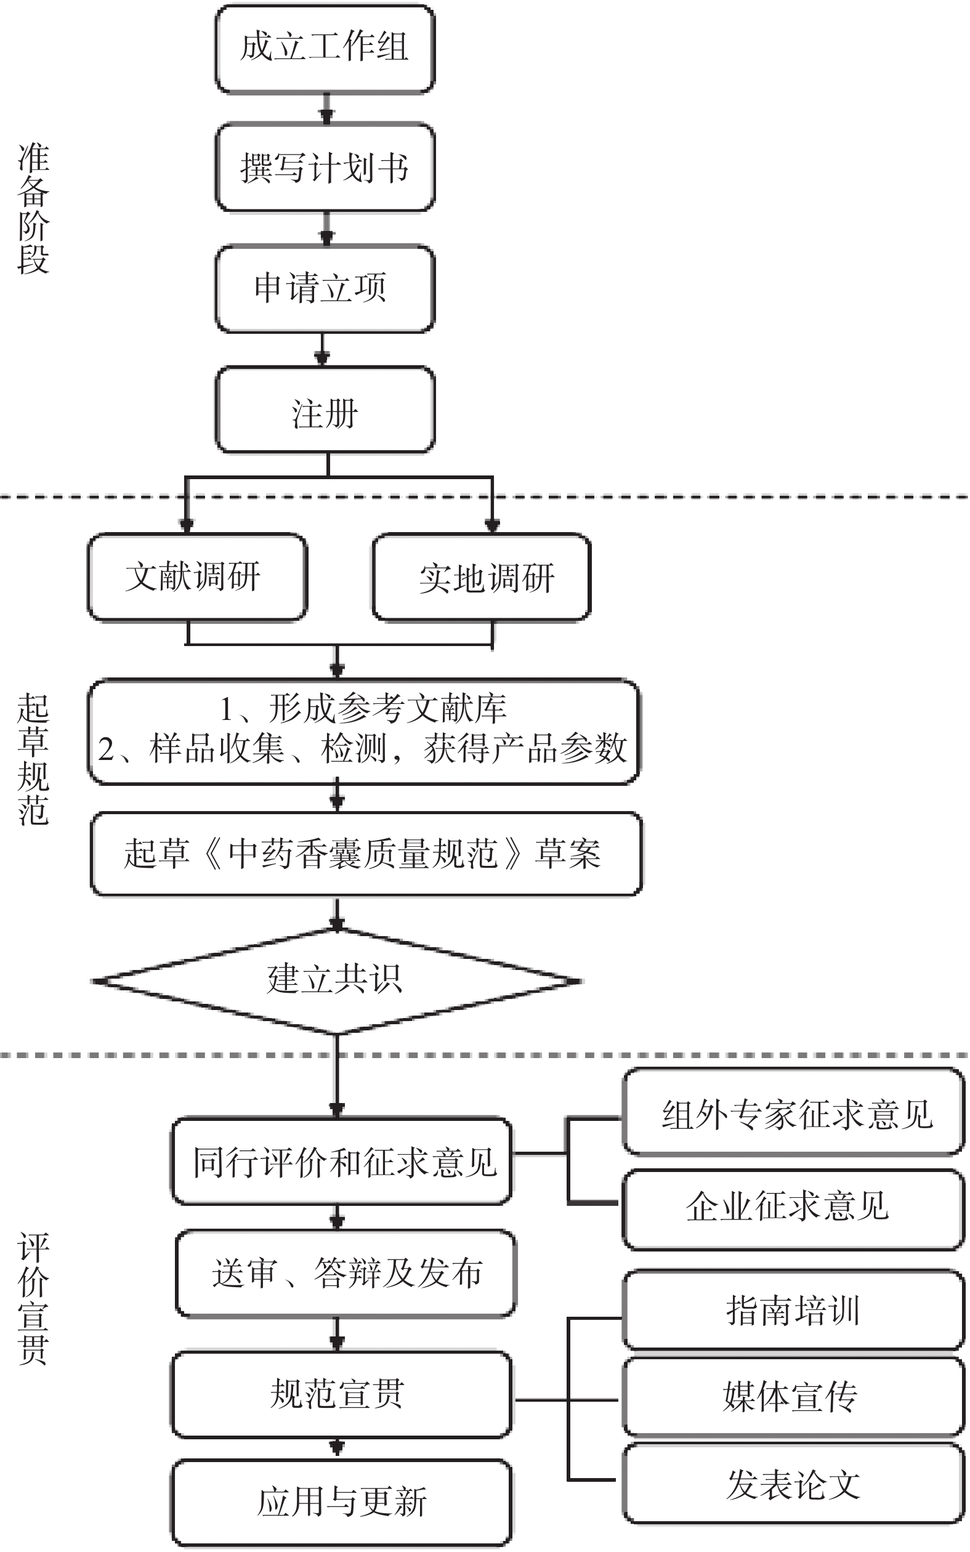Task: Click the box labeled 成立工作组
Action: point(325,49)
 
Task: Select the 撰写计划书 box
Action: point(325,168)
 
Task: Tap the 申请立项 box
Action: point(325,289)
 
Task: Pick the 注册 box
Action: point(325,410)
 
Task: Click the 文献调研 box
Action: point(197,577)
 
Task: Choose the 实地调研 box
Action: point(482,577)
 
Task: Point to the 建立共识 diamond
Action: point(336,980)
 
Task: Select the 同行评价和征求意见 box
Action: point(342,1162)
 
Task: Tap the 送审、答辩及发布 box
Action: point(346,1273)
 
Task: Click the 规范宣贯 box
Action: point(341,1394)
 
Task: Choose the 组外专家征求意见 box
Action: point(794,1113)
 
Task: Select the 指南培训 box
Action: point(794,1309)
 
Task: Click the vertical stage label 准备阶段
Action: point(33,209)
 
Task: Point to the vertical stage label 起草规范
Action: point(33,759)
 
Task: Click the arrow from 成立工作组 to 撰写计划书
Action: point(326,108)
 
